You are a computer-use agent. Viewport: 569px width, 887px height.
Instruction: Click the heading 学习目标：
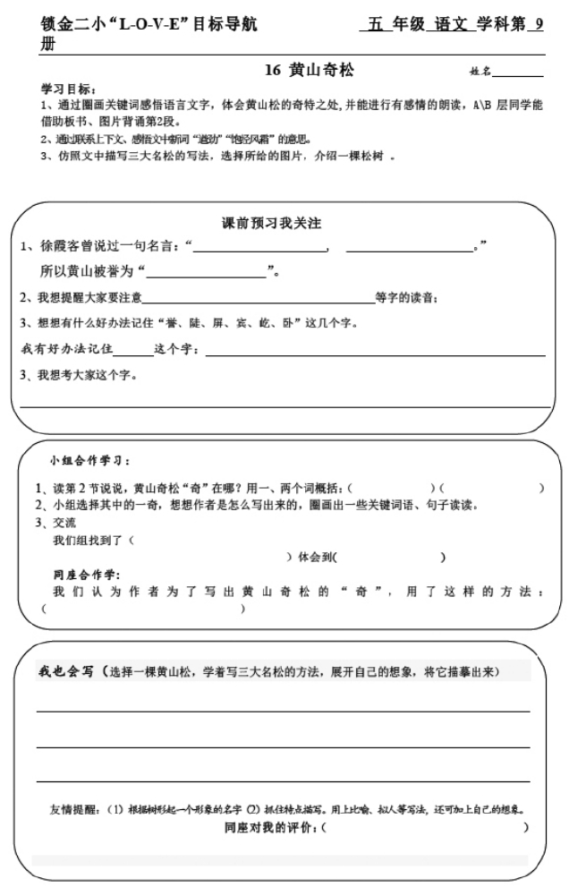(66, 91)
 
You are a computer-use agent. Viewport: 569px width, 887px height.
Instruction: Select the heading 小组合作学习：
(89, 461)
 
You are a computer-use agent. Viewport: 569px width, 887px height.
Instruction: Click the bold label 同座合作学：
(87, 575)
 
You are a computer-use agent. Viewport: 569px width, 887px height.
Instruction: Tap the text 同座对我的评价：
(271, 828)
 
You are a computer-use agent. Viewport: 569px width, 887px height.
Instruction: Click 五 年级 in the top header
(392, 25)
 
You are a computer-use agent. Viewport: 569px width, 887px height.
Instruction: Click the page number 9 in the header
(539, 25)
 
